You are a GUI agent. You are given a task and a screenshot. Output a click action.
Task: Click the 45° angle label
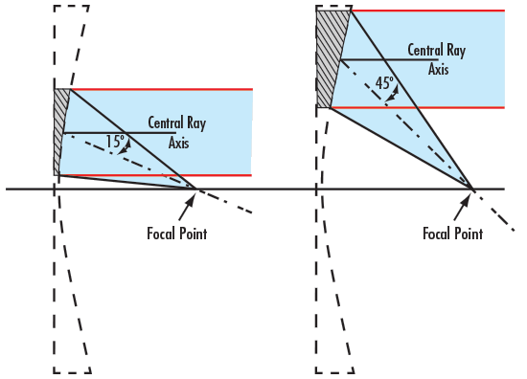pos(384,83)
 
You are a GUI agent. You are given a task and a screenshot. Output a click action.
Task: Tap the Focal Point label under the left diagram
pos(176,233)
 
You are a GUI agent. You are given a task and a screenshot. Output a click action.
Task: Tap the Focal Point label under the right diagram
pos(452,233)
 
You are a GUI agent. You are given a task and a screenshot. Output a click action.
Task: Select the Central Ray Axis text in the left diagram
pos(176,132)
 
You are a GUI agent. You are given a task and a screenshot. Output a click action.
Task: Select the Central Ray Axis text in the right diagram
pos(437,59)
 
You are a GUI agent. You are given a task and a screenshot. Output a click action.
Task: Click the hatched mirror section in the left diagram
pos(60,129)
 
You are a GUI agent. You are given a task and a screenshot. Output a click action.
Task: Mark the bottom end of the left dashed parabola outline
pos(73,372)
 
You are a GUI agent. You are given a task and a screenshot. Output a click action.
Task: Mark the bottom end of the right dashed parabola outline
pos(335,372)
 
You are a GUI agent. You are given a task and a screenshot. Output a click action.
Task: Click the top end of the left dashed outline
pos(72,6)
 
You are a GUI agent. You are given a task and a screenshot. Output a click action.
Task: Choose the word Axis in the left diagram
pos(179,143)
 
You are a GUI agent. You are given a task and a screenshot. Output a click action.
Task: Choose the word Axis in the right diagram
pos(438,69)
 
